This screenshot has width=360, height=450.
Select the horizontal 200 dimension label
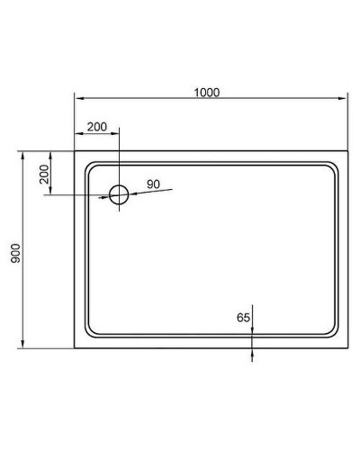coord(97,127)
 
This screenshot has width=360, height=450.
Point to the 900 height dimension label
coord(15,251)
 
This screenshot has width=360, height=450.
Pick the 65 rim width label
coord(243,317)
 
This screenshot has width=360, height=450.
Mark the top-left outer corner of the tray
coord(75,152)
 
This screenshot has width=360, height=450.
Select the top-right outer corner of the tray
coord(347,152)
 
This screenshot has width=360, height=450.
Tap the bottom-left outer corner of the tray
coord(75,349)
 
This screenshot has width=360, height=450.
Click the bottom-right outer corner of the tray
coord(347,349)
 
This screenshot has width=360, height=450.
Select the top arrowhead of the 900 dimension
coord(22,156)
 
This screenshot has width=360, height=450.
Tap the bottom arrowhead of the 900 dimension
coord(22,346)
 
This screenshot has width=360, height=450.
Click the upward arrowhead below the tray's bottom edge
coord(252,353)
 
